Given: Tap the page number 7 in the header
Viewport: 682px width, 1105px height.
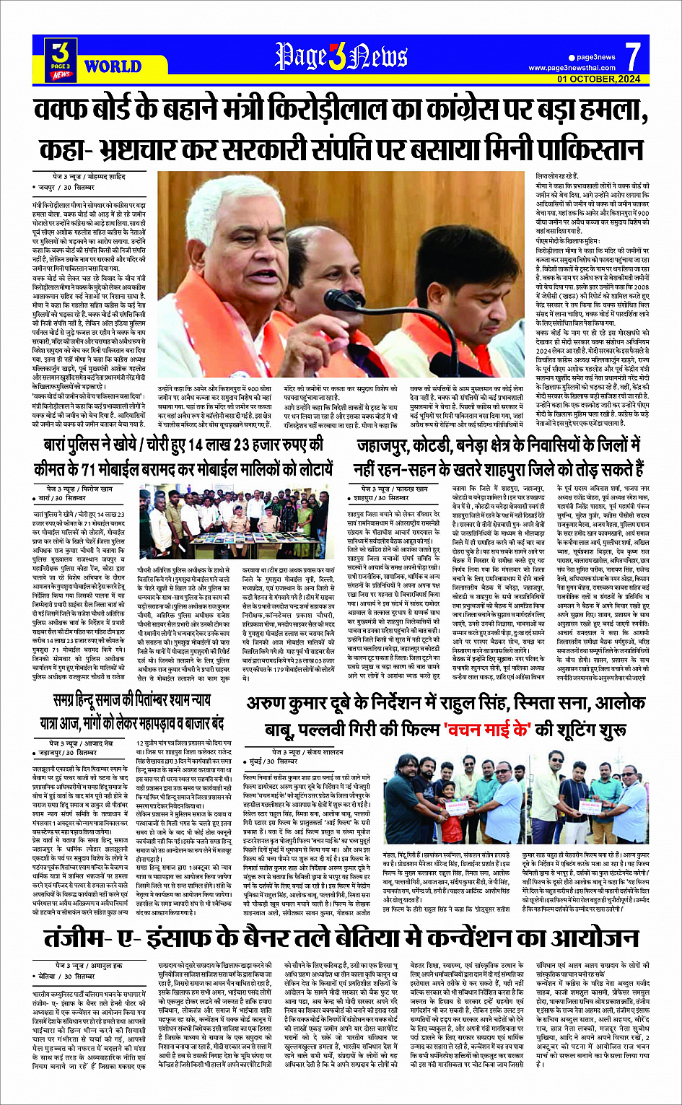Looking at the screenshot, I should (x=632, y=56).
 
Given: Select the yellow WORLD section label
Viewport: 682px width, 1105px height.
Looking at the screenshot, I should (x=113, y=66).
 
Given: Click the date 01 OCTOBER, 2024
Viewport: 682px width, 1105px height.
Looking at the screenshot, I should (x=598, y=79).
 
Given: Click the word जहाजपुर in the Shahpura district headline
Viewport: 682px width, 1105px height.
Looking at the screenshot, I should (x=393, y=445).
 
